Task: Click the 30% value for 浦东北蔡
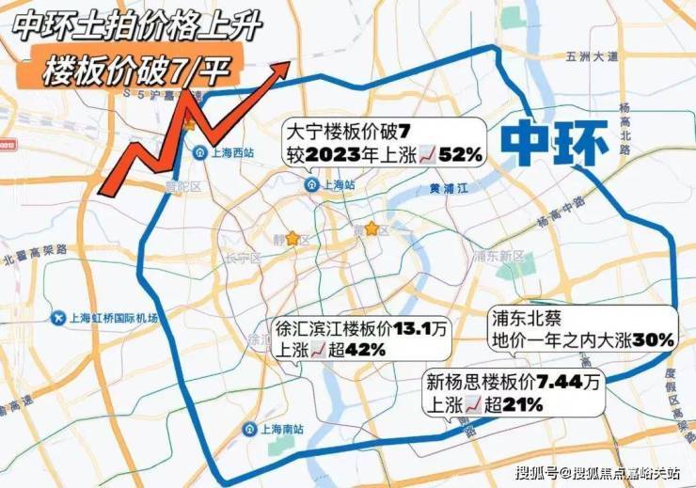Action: (x=653, y=339)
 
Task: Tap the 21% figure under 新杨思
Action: (x=521, y=405)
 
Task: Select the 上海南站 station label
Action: (x=285, y=429)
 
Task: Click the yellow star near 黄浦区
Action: (x=372, y=228)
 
